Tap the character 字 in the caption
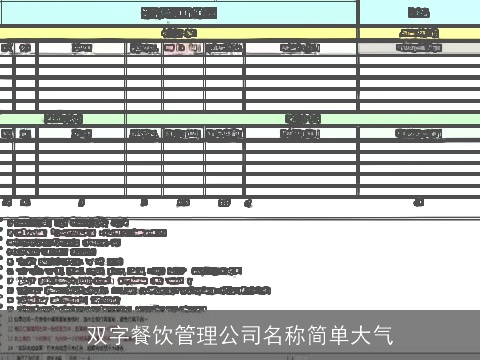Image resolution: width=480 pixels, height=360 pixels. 118,334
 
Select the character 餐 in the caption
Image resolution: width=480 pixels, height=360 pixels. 140,334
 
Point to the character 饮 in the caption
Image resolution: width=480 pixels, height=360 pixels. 162,334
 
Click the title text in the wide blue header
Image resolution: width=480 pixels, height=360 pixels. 179,13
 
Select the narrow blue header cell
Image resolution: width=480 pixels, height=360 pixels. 419,13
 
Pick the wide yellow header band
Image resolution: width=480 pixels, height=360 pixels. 179,33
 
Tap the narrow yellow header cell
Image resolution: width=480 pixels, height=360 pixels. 419,33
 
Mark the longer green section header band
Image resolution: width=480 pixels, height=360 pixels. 302,118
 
